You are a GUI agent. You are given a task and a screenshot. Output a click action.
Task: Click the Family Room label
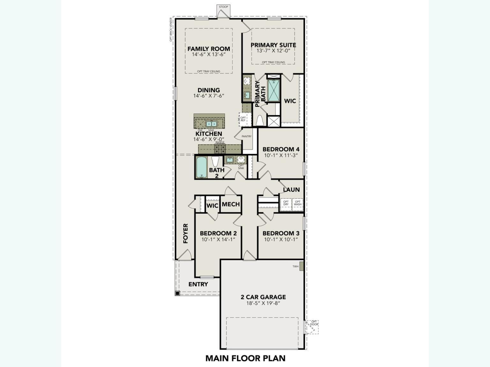pyautogui.click(x=209, y=49)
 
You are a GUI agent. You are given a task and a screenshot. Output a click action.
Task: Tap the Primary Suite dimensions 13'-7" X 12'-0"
pyautogui.click(x=273, y=51)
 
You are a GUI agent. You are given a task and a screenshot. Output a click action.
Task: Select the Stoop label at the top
pyautogui.click(x=223, y=7)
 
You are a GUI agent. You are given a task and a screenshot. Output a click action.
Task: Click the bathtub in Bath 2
pyautogui.click(x=201, y=167)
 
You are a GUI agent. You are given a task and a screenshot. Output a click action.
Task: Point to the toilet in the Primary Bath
pyautogui.click(x=259, y=121)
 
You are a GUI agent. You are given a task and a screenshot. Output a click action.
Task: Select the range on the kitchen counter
pyautogui.click(x=220, y=148)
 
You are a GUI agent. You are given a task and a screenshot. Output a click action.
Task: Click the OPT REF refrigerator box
pyautogui.click(x=243, y=119)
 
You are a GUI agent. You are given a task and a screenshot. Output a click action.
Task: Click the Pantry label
pyautogui.click(x=247, y=136)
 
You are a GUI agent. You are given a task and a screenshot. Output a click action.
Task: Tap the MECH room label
pyautogui.click(x=231, y=204)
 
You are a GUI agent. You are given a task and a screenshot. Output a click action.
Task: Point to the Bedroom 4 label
pyautogui.click(x=281, y=149)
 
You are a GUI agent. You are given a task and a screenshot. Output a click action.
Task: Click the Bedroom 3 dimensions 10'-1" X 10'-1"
pyautogui.click(x=281, y=239)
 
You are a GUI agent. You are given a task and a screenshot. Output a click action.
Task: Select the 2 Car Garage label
pyautogui.click(x=263, y=297)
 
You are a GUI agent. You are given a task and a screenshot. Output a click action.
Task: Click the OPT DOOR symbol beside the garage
pyautogui.click(x=313, y=326)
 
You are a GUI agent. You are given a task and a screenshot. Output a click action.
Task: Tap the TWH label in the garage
pyautogui.click(x=295, y=266)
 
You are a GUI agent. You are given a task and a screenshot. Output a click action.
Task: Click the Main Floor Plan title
pyautogui.click(x=245, y=358)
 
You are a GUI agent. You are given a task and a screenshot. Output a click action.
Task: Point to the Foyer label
pyautogui.click(x=186, y=234)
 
